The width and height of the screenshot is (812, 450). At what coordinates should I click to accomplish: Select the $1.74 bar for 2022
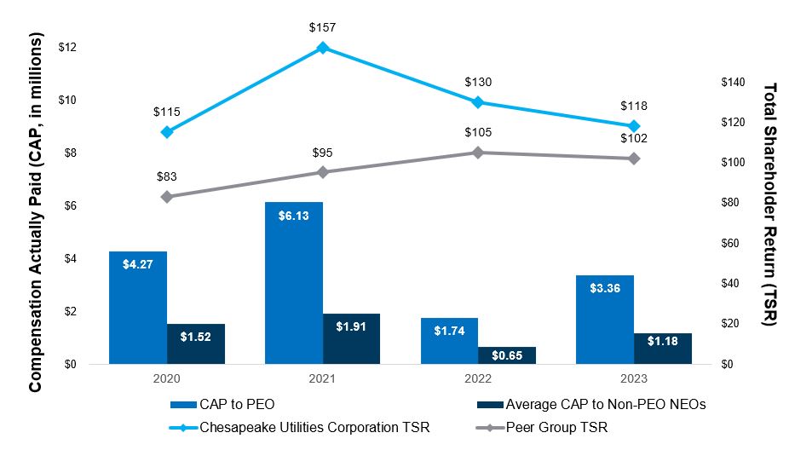(x=449, y=341)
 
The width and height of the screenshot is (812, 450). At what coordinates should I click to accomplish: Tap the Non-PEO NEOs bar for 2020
(x=196, y=344)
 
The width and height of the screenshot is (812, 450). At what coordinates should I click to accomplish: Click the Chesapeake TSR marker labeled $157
(x=322, y=48)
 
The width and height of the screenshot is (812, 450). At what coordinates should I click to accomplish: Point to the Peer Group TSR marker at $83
(x=167, y=197)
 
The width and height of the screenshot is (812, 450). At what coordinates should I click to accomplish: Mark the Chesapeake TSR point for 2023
(x=634, y=126)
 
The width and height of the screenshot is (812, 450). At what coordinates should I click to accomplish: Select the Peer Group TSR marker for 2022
(x=478, y=153)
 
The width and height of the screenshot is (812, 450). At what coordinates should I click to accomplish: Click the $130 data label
(x=478, y=83)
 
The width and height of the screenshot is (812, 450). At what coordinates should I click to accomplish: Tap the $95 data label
(x=322, y=153)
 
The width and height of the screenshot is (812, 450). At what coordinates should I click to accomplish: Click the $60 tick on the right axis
(x=732, y=243)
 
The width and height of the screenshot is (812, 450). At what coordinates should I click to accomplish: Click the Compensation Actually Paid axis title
(x=35, y=213)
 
